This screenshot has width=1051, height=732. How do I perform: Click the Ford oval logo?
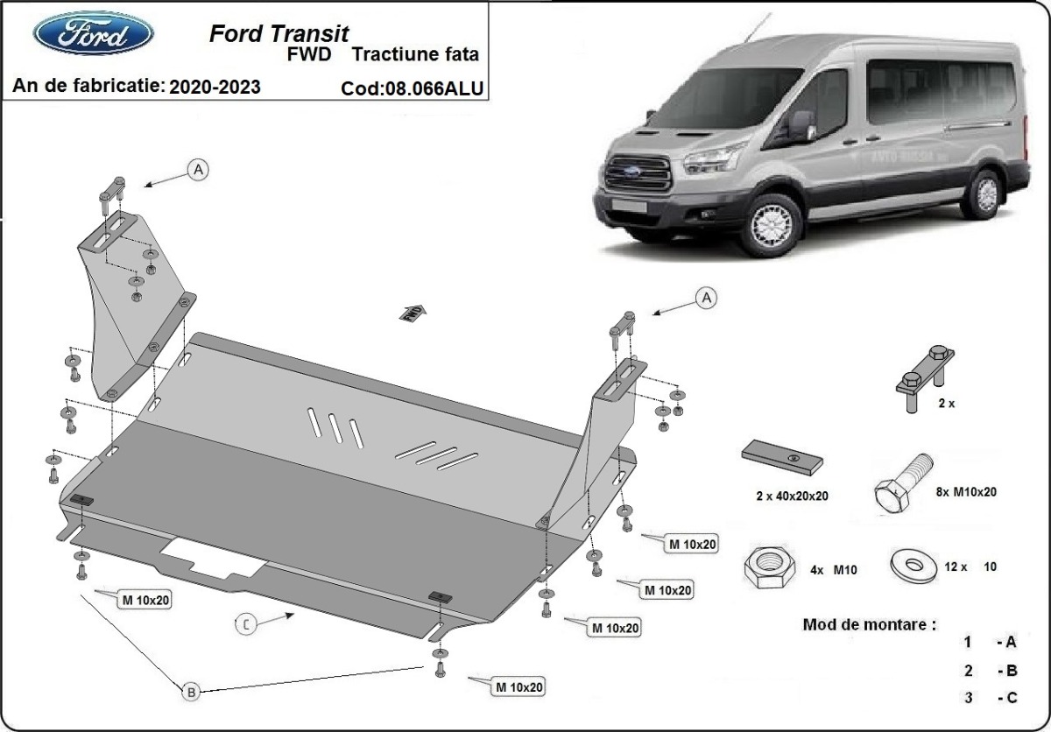(x=93, y=33)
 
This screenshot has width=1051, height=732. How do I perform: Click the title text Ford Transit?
(x=279, y=33)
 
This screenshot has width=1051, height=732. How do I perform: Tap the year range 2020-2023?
(x=215, y=87)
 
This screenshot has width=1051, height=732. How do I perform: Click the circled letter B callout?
(x=191, y=691)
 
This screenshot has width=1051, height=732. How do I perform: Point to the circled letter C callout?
(x=247, y=623)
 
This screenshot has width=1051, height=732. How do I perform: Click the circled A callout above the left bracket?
(x=199, y=170)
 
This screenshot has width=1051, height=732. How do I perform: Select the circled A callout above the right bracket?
(x=705, y=299)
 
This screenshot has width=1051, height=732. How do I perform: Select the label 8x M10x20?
(x=965, y=492)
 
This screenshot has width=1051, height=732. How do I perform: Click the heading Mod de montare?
(x=868, y=625)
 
